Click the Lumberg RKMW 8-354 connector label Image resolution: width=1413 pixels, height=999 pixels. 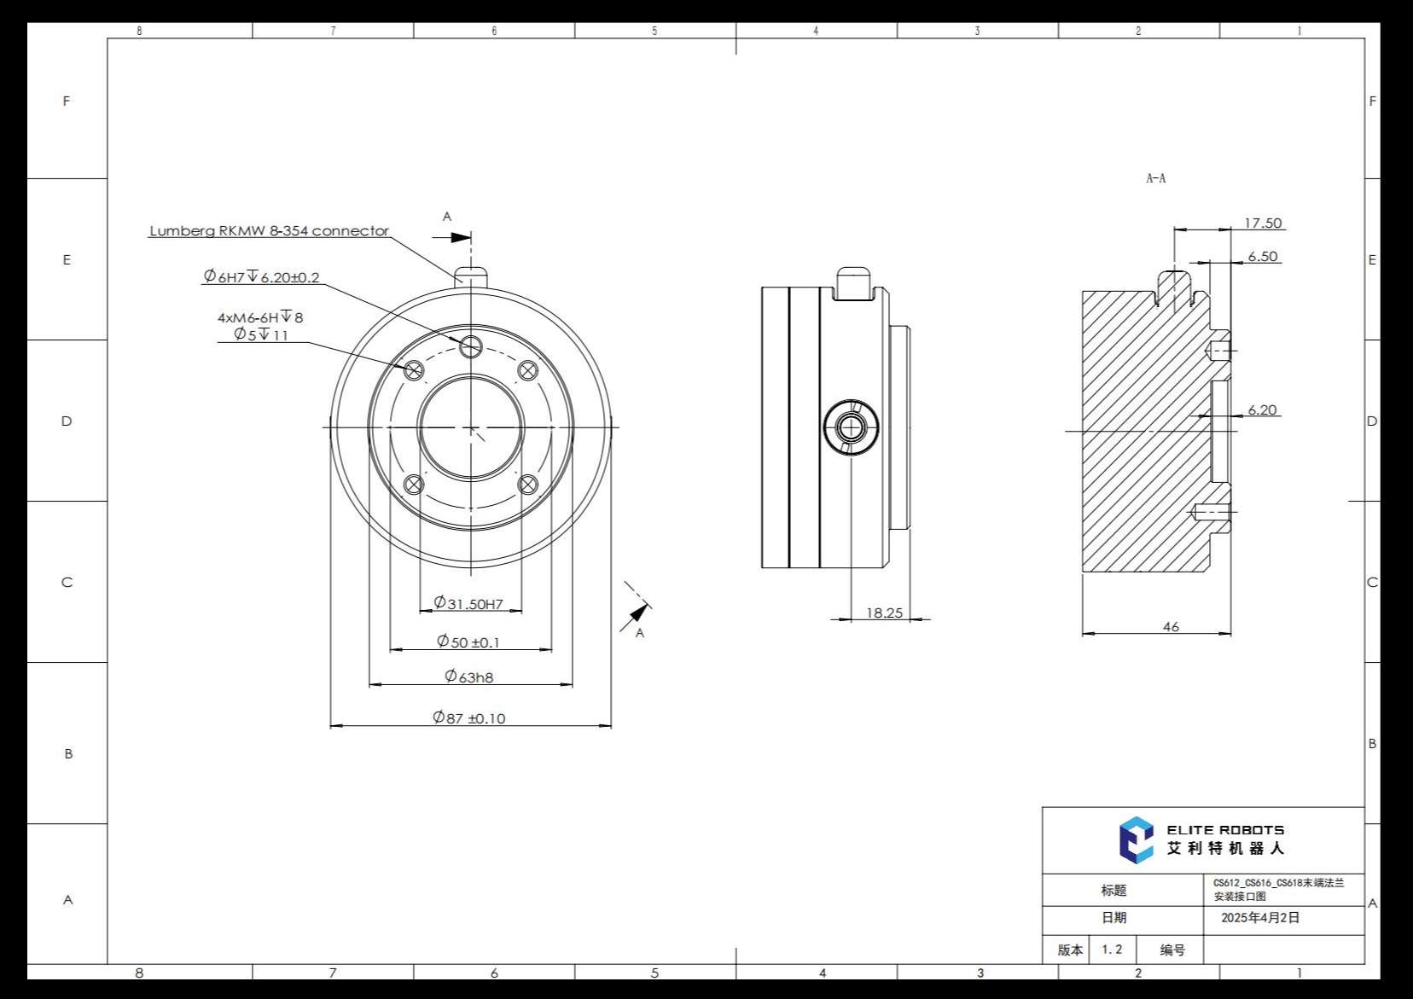tap(269, 231)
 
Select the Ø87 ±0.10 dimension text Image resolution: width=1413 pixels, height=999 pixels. tap(469, 718)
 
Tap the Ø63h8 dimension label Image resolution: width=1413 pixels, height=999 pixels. tap(469, 677)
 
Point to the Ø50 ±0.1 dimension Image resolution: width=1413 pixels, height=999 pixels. tap(468, 642)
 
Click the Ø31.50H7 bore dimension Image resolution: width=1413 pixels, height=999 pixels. tap(468, 604)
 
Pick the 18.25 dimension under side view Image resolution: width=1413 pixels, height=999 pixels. tap(884, 613)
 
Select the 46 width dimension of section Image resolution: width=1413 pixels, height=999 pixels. tap(1171, 627)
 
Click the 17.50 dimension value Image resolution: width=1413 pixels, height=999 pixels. tap(1263, 224)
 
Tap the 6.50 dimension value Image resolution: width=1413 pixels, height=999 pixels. tap(1263, 257)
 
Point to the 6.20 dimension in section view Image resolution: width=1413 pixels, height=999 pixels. tap(1262, 410)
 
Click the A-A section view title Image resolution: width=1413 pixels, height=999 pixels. tap(1155, 178)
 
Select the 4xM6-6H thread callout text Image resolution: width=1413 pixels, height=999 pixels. tap(260, 317)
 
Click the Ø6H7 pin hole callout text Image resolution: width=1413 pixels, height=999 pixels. tap(261, 277)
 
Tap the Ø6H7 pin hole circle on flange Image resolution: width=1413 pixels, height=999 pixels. tap(471, 346)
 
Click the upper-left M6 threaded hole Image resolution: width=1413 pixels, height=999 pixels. tap(414, 370)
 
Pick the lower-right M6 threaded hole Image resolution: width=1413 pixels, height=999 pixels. tap(528, 485)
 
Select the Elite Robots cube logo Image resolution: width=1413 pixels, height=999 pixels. tap(1136, 839)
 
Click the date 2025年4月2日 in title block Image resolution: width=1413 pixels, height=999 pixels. tap(1260, 918)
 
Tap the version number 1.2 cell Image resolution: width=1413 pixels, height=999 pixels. tap(1112, 950)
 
